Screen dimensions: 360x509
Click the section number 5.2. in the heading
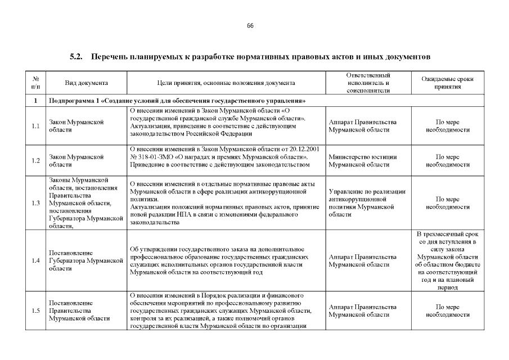76,57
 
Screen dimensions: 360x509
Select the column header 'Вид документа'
86,83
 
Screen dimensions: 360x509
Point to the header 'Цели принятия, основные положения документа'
226,83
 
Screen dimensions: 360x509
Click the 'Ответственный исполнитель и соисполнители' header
368,83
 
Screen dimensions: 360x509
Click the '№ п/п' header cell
36,83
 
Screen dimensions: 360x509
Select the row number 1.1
36,126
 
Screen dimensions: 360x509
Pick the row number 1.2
36,161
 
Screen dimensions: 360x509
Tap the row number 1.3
36,203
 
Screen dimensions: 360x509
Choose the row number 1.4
36,260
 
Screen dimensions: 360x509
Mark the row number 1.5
36,311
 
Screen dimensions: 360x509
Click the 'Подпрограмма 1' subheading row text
177,101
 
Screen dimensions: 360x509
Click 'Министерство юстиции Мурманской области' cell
363,161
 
